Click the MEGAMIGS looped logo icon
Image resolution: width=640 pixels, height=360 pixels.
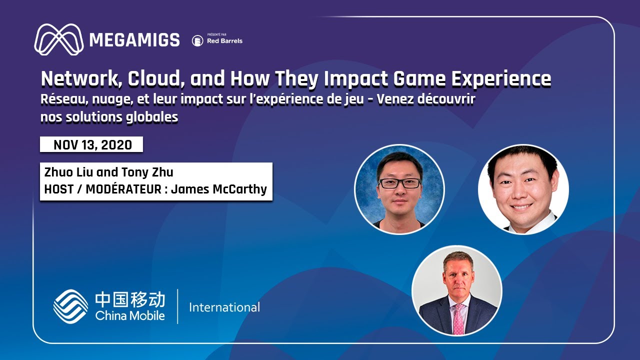tap(59, 39)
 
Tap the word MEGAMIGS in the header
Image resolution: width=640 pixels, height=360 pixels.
tap(134, 40)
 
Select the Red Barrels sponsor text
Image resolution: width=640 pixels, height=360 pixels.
tap(224, 41)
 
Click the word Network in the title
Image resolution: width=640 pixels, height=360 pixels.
tap(80, 79)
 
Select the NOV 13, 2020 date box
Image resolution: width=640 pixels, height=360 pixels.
tap(92, 145)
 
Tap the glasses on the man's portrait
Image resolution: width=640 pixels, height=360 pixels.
tap(399, 183)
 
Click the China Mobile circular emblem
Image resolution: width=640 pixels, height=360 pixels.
tap(70, 306)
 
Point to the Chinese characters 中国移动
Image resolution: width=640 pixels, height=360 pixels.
tap(130, 299)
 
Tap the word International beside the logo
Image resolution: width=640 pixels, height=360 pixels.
tap(224, 307)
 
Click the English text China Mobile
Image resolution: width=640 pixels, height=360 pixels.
tap(130, 316)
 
